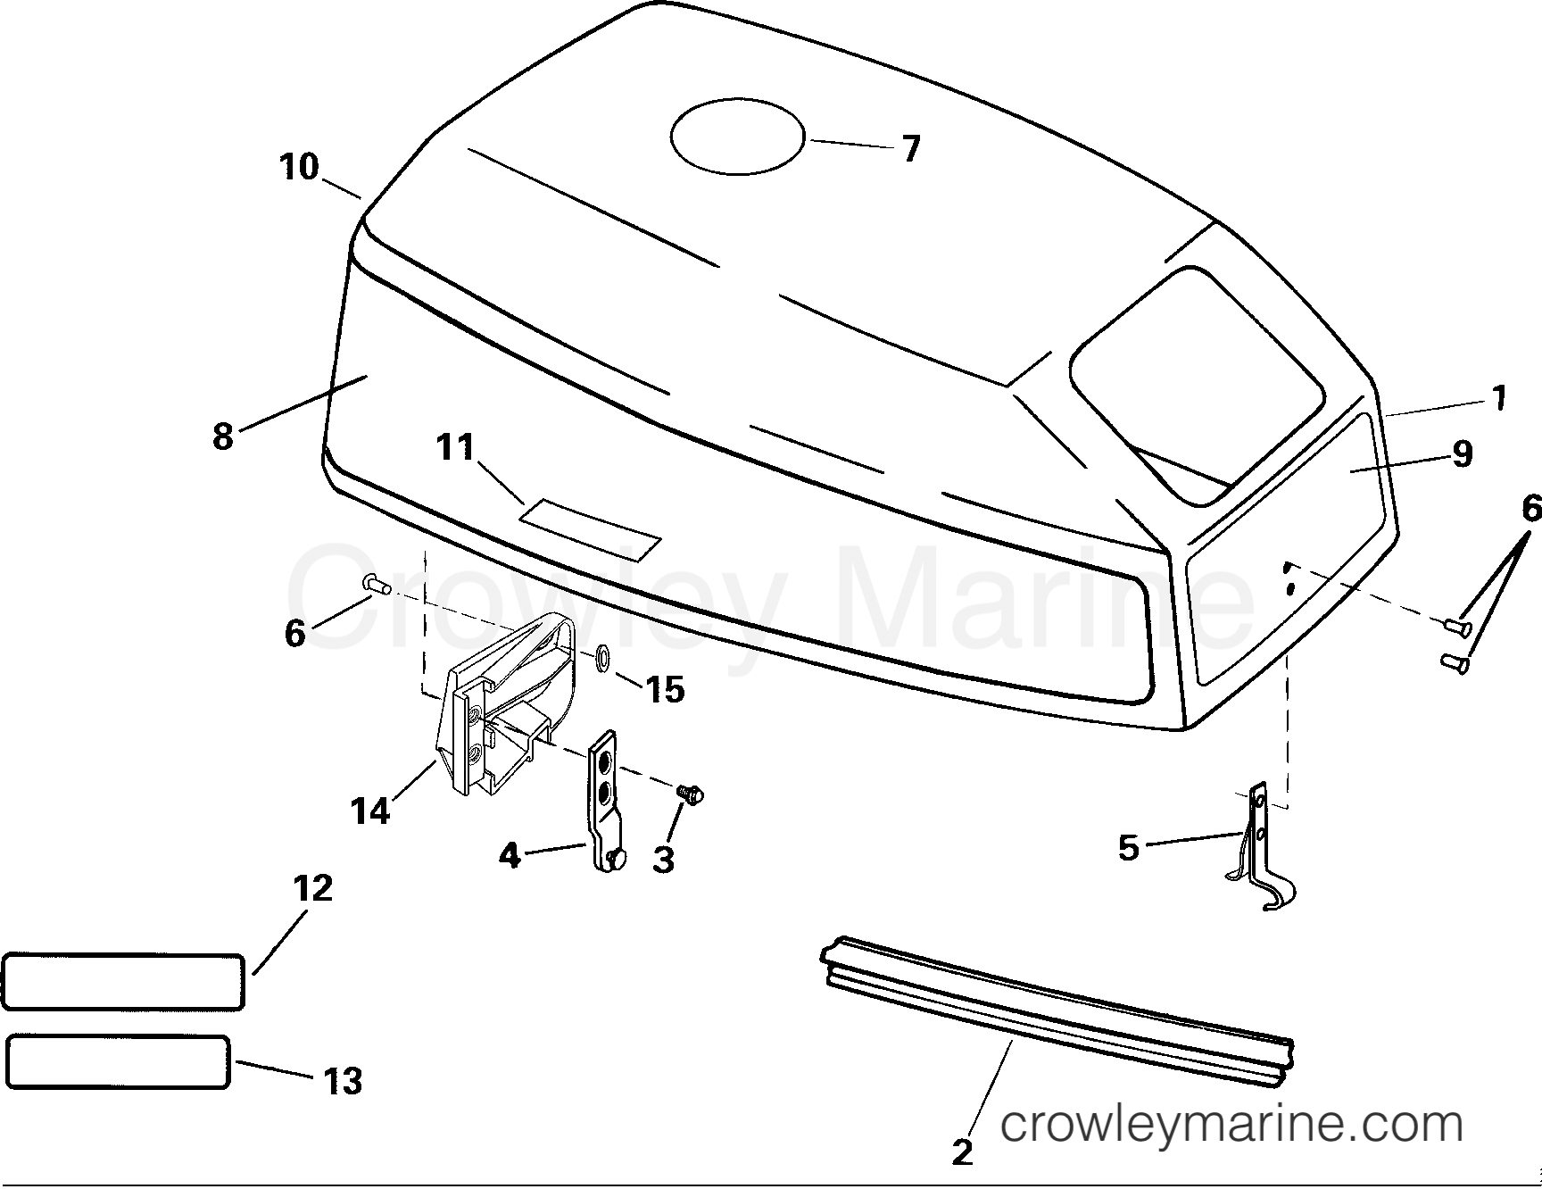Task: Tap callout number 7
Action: (910, 149)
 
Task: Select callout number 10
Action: (299, 167)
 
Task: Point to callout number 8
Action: (223, 437)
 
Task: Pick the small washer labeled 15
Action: (602, 659)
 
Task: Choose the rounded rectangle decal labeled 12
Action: (123, 981)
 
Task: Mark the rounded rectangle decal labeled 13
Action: (118, 1062)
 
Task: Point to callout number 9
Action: (1462, 454)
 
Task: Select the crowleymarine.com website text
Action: (1231, 1124)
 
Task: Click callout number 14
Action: (370, 811)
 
